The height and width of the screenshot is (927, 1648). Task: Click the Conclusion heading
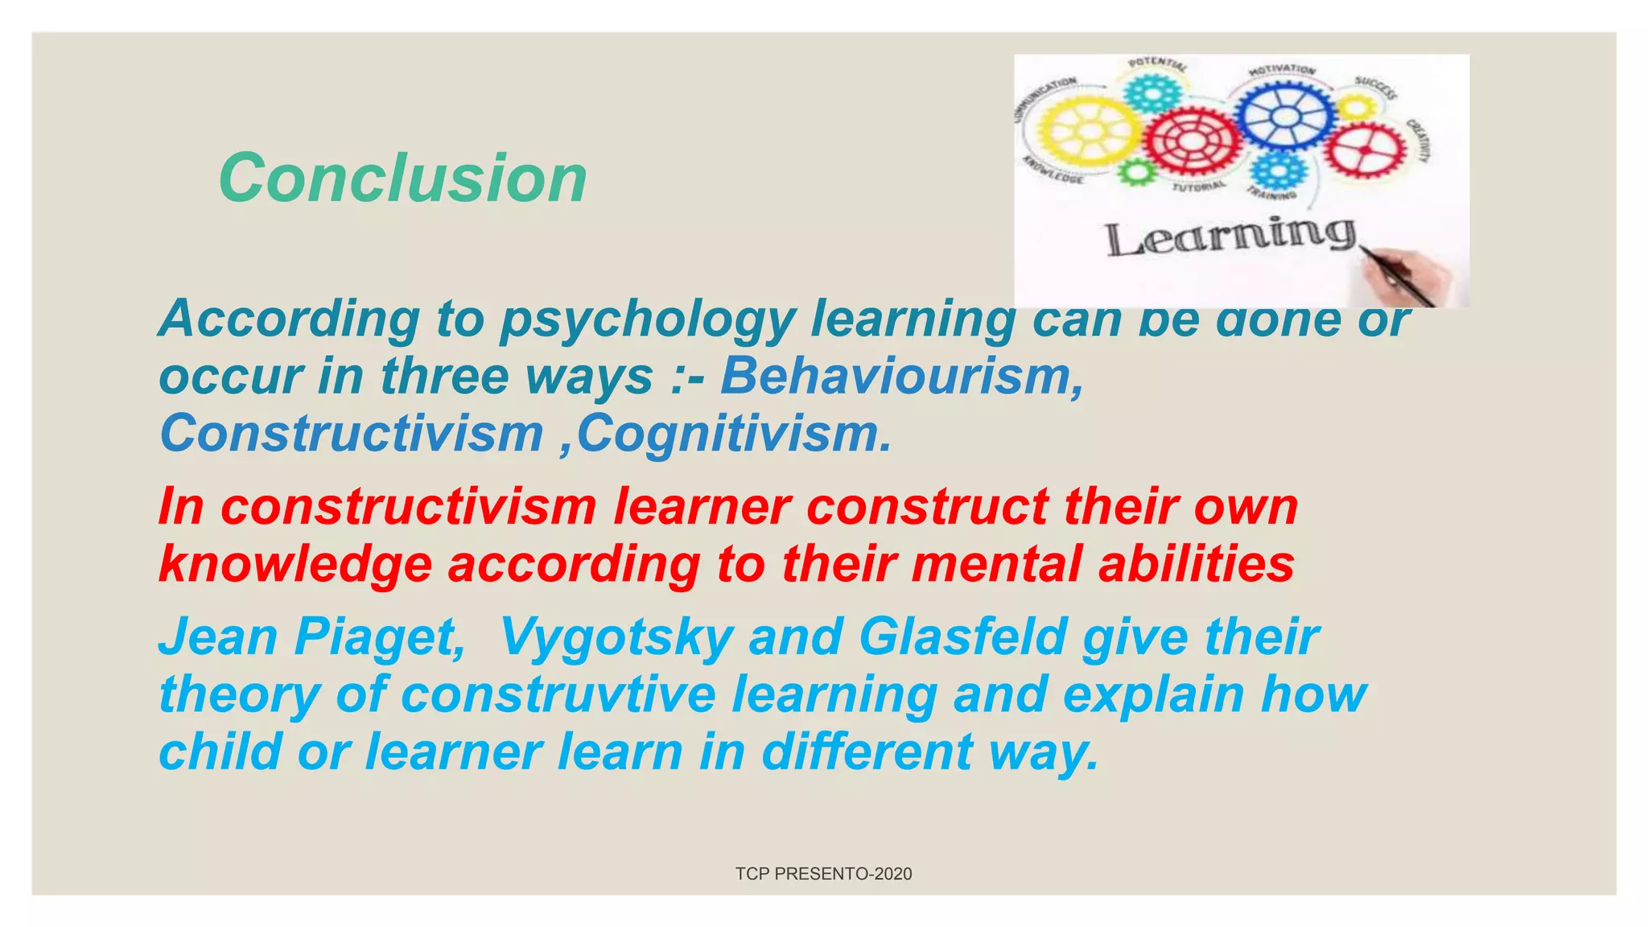pos(402,178)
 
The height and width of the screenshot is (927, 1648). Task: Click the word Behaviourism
pos(901,376)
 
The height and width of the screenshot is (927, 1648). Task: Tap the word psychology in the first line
pos(648,319)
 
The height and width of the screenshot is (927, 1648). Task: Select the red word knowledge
pos(295,564)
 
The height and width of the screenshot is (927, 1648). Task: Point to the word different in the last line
pos(867,752)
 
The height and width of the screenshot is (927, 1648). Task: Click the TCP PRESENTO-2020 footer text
pos(823,874)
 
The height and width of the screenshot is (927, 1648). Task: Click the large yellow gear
pos(1087,132)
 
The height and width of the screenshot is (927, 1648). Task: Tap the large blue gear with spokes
pos(1284,114)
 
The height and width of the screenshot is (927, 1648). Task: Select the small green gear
pos(1137,171)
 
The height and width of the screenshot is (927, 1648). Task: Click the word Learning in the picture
pos(1230,237)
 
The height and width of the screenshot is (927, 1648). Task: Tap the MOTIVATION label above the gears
pos(1282,71)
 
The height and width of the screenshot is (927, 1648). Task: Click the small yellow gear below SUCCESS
pos(1358,108)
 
